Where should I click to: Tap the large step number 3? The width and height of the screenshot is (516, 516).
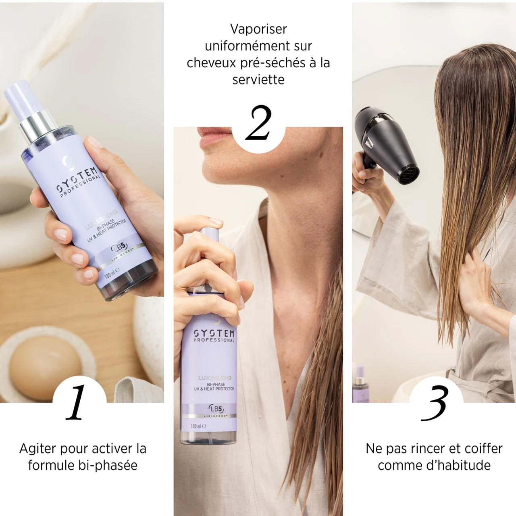click(x=435, y=403)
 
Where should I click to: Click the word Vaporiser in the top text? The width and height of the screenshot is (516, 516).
click(x=258, y=29)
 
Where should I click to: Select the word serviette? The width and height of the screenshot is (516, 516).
click(x=258, y=79)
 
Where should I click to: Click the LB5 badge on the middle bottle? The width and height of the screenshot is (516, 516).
click(x=216, y=409)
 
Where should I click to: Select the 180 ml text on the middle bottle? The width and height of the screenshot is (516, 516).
click(x=198, y=426)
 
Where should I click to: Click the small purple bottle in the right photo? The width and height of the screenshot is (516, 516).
click(x=360, y=385)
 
